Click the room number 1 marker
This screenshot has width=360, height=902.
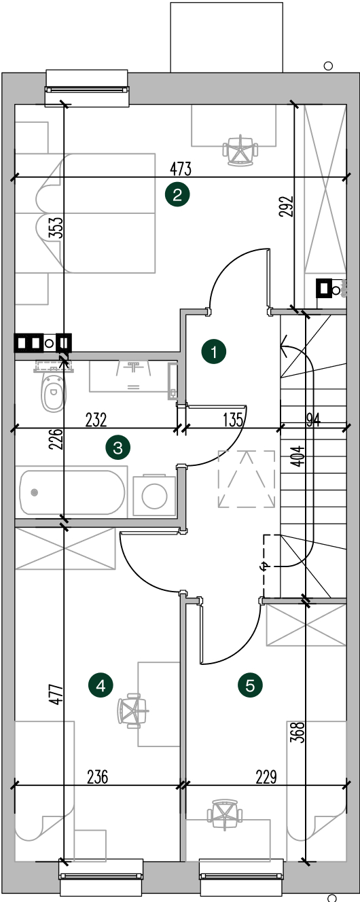[214, 352]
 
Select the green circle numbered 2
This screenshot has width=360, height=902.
[177, 196]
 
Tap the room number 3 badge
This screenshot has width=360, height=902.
[118, 448]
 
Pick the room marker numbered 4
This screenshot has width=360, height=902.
[101, 685]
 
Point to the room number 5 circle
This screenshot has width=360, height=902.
[250, 685]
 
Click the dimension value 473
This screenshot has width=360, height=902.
[181, 169]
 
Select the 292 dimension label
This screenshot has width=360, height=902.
[287, 206]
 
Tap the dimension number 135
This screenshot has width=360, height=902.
[233, 420]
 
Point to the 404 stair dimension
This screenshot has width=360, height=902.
[298, 456]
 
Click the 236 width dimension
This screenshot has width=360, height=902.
[98, 777]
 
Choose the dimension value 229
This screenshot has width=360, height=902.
[266, 777]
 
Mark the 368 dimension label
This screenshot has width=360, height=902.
[298, 732]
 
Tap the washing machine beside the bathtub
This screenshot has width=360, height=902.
[154, 495]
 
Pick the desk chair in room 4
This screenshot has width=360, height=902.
[132, 710]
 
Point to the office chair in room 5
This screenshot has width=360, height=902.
[225, 814]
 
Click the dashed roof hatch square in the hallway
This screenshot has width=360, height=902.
[247, 478]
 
